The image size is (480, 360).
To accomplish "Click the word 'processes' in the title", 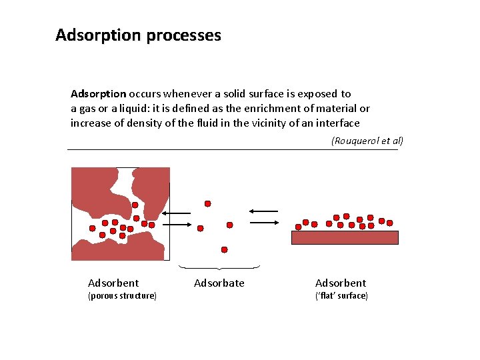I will pos(181,35).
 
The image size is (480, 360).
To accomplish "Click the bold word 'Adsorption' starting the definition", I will pos(99,94).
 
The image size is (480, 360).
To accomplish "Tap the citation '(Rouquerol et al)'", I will pos(367,141).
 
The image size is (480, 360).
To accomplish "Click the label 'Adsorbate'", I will pos(219,283).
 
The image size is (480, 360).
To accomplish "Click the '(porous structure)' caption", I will pos(122,295).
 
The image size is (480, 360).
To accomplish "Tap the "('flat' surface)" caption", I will pos(341,295).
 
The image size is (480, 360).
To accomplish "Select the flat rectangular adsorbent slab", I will pos(345,237).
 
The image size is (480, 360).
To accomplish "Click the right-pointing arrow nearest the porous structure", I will pos(177,225).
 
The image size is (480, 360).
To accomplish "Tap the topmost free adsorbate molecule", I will pos(208,203).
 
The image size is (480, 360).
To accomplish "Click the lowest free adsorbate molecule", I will pos(224,250).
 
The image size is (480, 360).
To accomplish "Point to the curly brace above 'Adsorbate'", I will pos(220,268).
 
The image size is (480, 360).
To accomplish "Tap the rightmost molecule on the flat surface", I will pos(390,223).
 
